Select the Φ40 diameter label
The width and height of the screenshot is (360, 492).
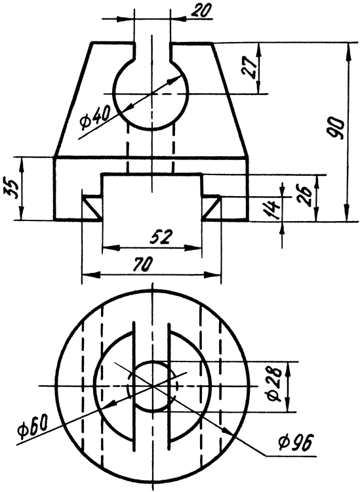[x=95, y=119]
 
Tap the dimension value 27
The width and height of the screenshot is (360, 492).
[x=250, y=68]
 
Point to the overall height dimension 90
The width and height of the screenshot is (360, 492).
[x=337, y=129]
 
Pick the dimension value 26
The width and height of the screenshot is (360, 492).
[x=306, y=195]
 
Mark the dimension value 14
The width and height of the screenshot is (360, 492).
[x=270, y=209]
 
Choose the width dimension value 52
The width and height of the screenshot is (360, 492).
[x=161, y=237]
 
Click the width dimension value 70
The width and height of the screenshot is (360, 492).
[x=143, y=264]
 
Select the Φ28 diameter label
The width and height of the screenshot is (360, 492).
[x=274, y=386]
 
